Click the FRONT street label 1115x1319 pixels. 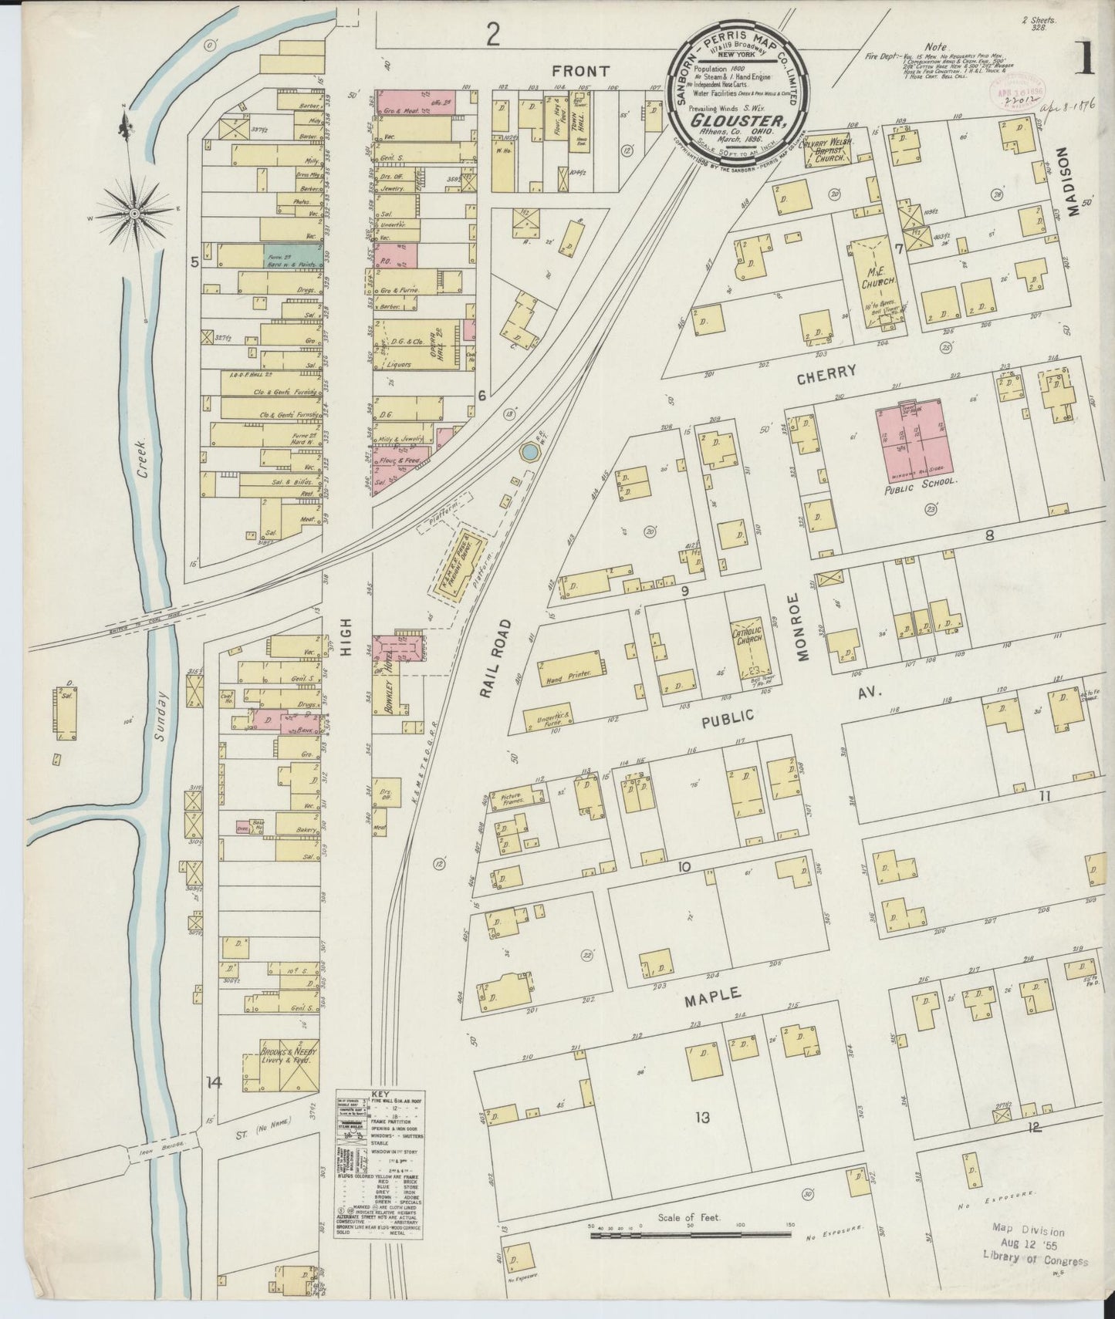pyautogui.click(x=581, y=70)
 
